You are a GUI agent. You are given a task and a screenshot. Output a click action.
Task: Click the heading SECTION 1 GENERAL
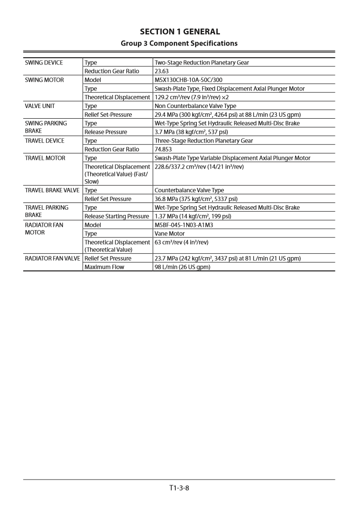click(x=180, y=31)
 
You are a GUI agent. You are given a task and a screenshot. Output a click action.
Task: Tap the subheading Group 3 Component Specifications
click(x=180, y=43)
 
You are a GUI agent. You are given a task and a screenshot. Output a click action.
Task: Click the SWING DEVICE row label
click(x=44, y=62)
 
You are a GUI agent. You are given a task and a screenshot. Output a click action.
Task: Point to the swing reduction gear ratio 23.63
click(x=162, y=71)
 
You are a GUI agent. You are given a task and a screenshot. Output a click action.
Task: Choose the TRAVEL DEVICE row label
click(x=45, y=141)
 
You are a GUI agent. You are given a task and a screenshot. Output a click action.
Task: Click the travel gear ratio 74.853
click(x=164, y=150)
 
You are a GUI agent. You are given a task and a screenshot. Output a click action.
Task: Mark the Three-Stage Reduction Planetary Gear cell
click(x=205, y=141)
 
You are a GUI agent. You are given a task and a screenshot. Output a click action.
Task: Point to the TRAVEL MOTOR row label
click(x=45, y=158)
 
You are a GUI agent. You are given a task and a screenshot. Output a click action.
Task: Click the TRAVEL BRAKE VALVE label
click(x=52, y=190)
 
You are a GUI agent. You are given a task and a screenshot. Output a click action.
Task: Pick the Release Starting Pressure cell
click(x=117, y=217)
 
